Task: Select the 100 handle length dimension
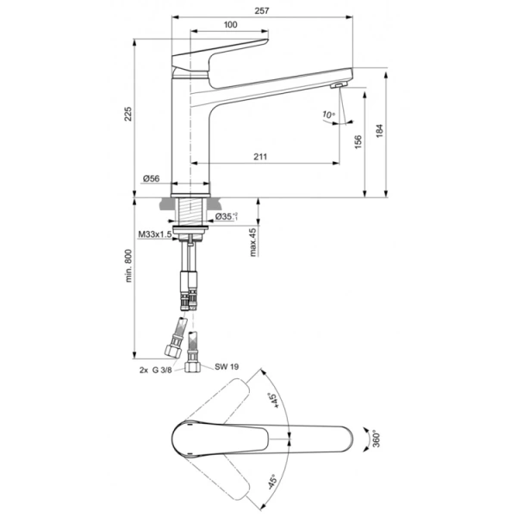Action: [230, 24]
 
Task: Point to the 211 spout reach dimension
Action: [261, 156]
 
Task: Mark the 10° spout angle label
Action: [327, 114]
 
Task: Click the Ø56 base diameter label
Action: [151, 178]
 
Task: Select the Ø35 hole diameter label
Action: [227, 216]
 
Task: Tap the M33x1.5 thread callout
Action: [155, 234]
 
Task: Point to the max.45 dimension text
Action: [252, 242]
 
